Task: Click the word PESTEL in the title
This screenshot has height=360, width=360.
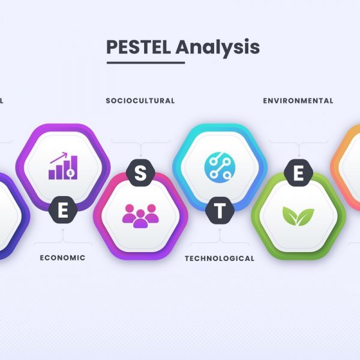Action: point(139,47)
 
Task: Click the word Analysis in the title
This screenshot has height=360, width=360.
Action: point(218,48)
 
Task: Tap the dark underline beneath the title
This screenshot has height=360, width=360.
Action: point(146,62)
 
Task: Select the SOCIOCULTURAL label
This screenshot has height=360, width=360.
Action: point(140,101)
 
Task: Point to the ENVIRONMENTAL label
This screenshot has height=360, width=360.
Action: point(298,101)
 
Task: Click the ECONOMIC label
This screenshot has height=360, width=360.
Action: point(62,258)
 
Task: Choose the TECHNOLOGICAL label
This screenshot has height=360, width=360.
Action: point(220,259)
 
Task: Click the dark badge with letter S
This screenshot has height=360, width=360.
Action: point(140,173)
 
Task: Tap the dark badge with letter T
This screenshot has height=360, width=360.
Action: point(220,211)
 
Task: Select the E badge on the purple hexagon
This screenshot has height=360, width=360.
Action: point(62,210)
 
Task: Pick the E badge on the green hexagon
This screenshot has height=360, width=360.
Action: point(298,173)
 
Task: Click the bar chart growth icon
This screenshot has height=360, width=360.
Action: point(63,166)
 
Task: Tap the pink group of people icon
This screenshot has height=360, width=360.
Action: point(140,216)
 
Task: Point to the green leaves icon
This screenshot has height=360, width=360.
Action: point(298,216)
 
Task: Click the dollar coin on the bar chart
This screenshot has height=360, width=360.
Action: point(71,173)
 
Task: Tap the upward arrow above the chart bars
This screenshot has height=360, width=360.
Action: point(59,158)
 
